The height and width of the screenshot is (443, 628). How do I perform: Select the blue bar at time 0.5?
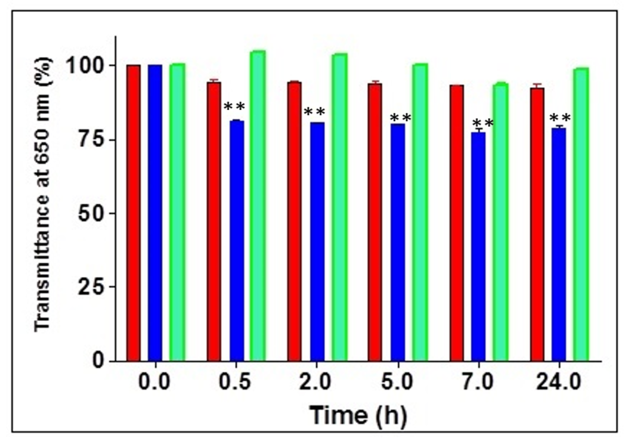pyautogui.click(x=237, y=241)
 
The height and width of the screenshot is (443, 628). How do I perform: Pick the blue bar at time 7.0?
pyautogui.click(x=478, y=246)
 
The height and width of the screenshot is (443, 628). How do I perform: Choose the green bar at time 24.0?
pyautogui.click(x=581, y=214)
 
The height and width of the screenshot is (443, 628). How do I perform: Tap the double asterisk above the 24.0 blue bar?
pyautogui.click(x=560, y=118)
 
